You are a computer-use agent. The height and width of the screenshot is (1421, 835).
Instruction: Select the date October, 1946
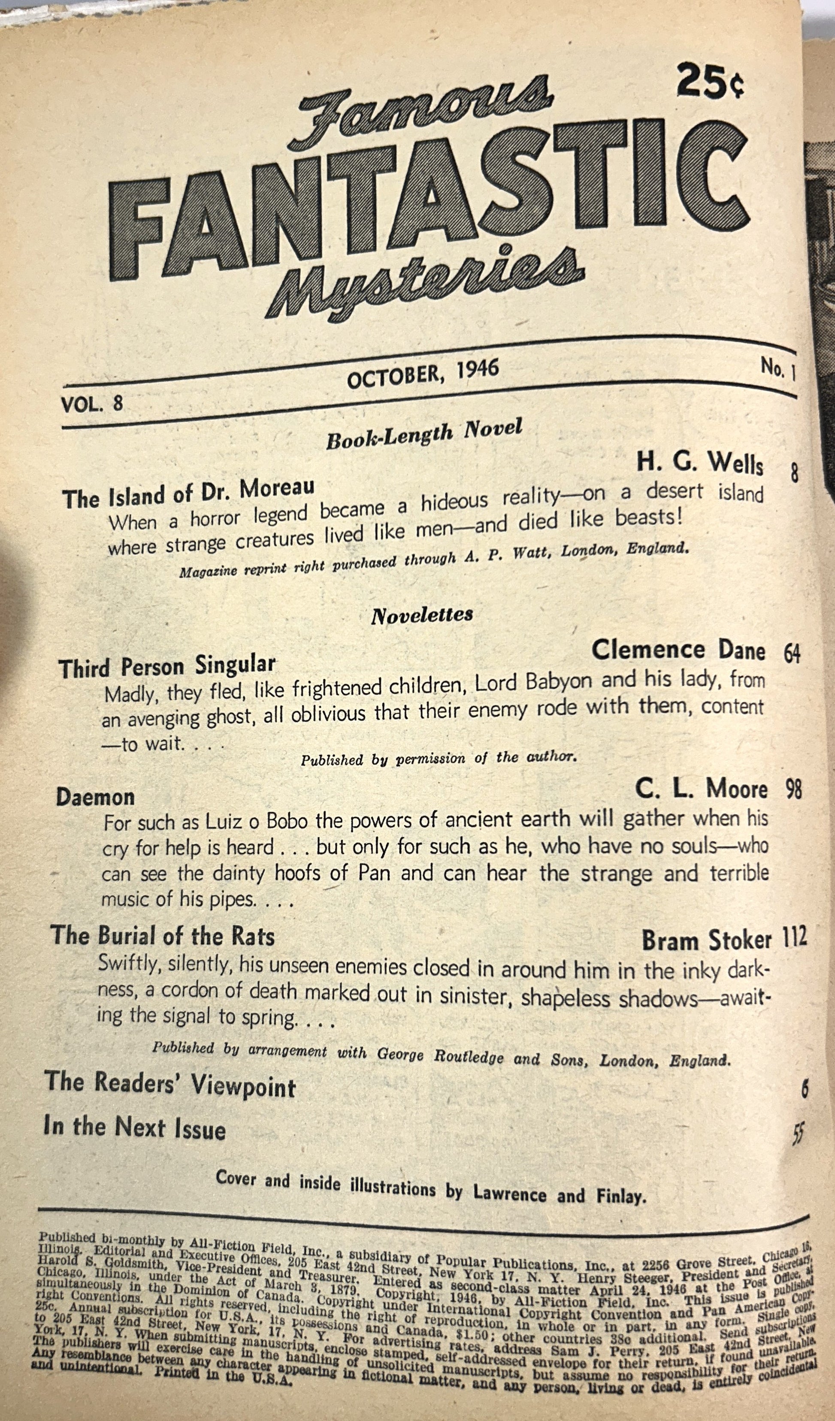(x=423, y=374)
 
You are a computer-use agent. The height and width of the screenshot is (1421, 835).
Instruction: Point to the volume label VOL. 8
(x=92, y=403)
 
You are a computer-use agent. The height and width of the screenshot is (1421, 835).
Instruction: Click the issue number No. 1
(x=778, y=369)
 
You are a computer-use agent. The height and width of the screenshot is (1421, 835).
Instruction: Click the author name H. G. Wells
(x=700, y=463)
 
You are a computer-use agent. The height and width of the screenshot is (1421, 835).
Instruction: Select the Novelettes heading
(x=422, y=615)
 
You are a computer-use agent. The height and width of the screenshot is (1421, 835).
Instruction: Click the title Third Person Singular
(x=167, y=666)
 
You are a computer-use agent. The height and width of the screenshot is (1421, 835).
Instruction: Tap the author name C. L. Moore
(x=701, y=789)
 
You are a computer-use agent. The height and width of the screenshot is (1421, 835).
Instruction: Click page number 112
(x=794, y=937)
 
